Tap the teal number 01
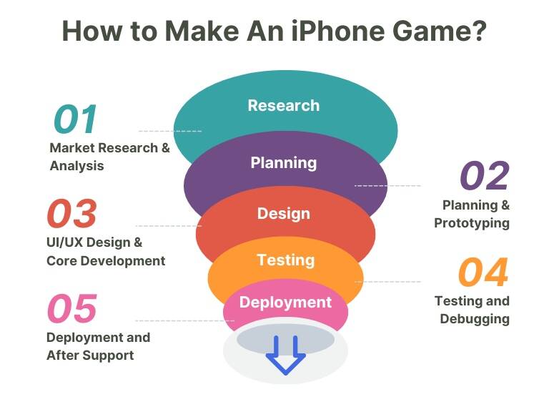pos(75,119)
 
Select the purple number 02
pos(485,175)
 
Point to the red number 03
pos(71,213)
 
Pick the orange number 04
pos(483,272)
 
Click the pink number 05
pos(72,308)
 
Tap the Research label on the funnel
pos(284,105)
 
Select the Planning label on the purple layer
pos(284,163)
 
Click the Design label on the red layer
pos(284,214)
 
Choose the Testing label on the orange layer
pos(286,260)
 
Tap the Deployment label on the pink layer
pos(285,303)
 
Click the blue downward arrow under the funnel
pos(286,355)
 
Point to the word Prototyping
pos(472,223)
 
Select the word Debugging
pos(475,319)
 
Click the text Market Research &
pos(109,148)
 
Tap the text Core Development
pos(106,261)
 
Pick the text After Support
pos(90,355)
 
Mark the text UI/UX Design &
pos(94,242)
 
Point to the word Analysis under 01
pos(76,166)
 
